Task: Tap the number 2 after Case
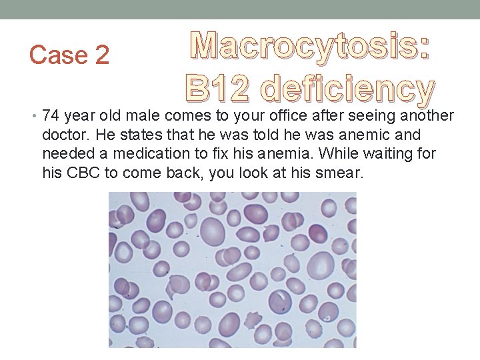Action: point(101,55)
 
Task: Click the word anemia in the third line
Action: point(287,153)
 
